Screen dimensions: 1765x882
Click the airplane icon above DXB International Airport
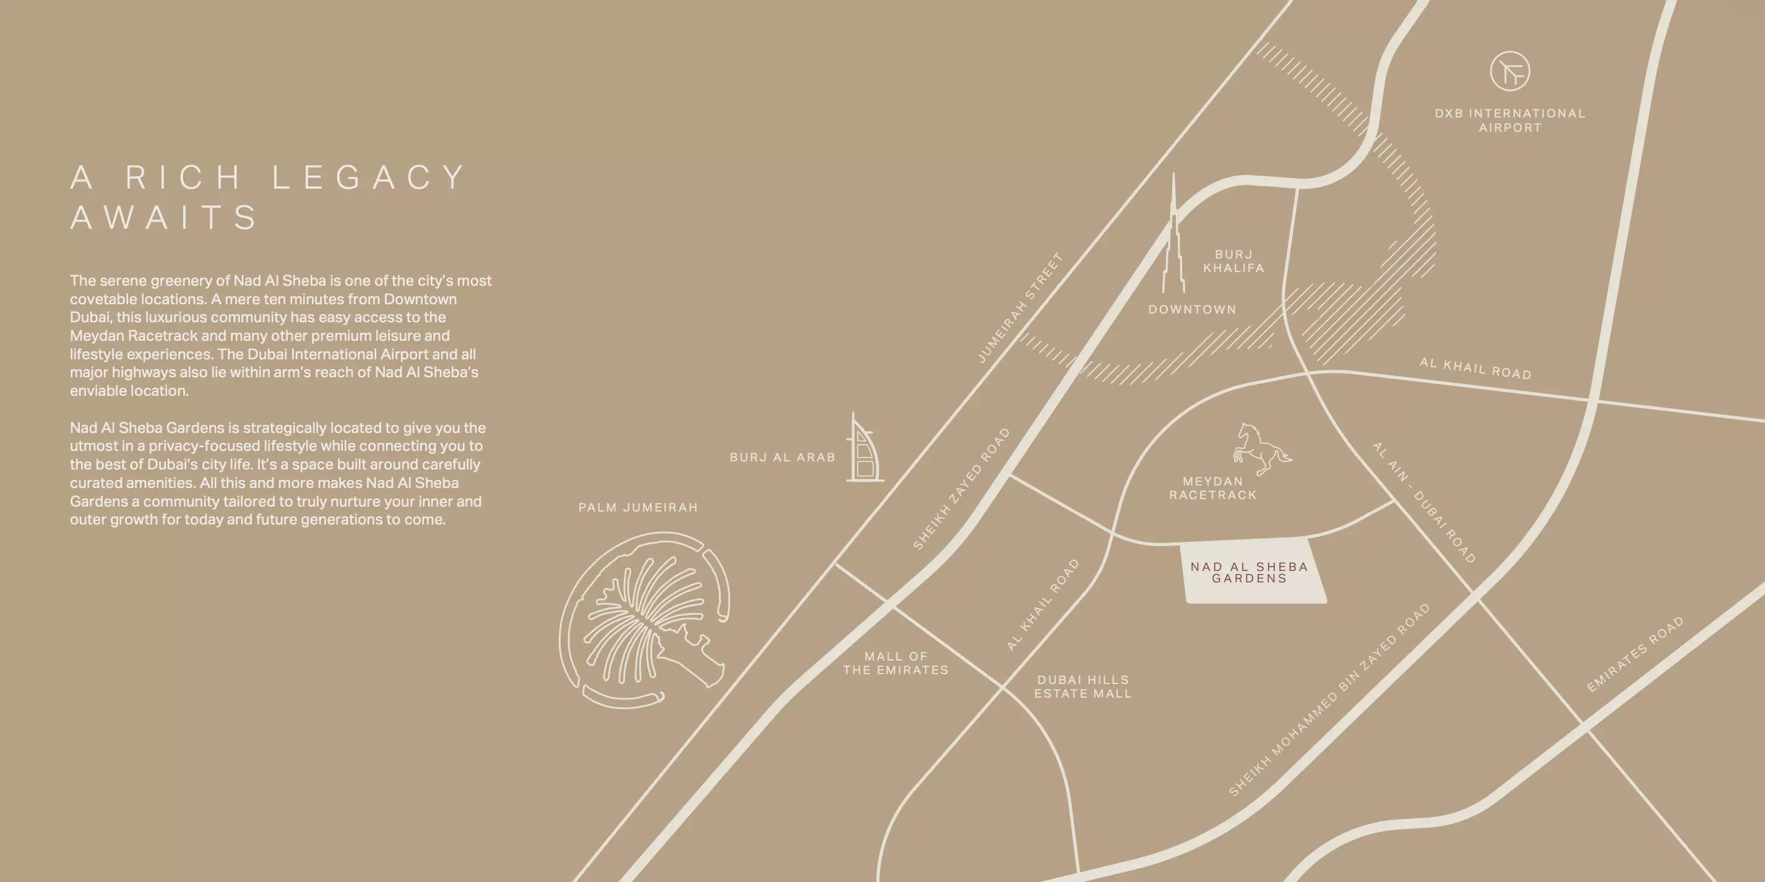[1509, 71]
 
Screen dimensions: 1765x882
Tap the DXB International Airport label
[1510, 121]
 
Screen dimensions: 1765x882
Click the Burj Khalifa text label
[1234, 262]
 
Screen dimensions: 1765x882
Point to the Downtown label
[1192, 309]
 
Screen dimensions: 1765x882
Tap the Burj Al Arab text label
[782, 458]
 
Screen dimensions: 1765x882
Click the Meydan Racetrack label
[1213, 488]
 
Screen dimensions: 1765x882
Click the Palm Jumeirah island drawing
[644, 620]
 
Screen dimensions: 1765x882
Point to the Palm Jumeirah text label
[638, 507]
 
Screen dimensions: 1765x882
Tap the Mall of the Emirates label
[895, 664]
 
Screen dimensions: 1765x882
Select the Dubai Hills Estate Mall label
[1082, 687]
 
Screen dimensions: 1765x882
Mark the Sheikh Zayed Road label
[961, 489]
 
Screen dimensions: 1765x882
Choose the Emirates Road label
[1635, 654]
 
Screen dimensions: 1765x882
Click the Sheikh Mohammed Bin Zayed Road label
[1329, 701]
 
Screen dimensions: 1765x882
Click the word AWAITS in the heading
[164, 218]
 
